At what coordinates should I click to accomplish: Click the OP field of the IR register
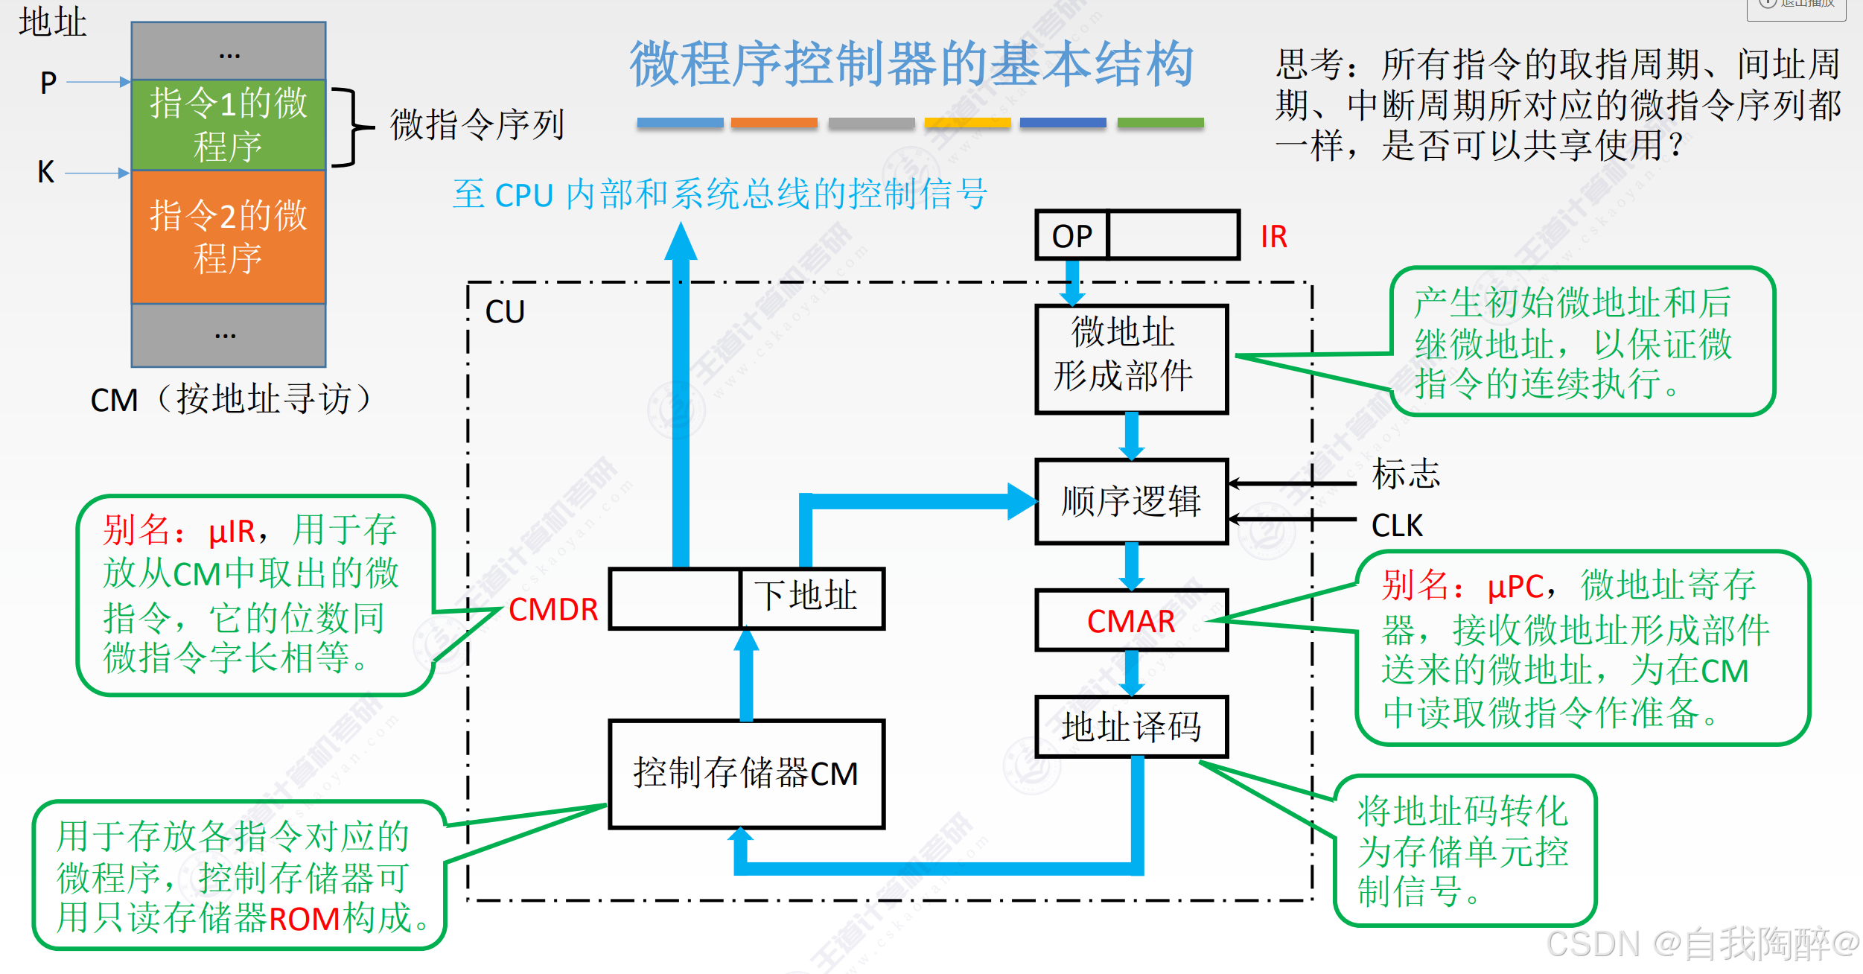[1071, 236]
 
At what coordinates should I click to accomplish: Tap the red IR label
[1273, 237]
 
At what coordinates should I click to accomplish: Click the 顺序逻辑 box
[1130, 501]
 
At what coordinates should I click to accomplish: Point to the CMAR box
[1130, 621]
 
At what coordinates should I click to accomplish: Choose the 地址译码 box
[1130, 727]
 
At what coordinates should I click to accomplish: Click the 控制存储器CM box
[746, 774]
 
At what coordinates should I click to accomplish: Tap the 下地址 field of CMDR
[810, 598]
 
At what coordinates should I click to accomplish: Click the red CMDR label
[553, 610]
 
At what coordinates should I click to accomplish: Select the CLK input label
[1397, 526]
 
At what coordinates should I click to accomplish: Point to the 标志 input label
[1406, 474]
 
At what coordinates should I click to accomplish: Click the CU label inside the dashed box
[505, 312]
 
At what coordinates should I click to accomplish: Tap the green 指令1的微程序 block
[229, 125]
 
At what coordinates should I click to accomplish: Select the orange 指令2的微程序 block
[229, 237]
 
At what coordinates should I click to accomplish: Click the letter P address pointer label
[48, 82]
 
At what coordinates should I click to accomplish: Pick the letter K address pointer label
[46, 173]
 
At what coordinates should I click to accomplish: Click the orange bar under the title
[774, 123]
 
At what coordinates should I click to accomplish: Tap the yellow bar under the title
[966, 123]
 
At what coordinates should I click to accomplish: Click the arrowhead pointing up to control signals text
[681, 242]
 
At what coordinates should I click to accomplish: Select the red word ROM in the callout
[304, 920]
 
